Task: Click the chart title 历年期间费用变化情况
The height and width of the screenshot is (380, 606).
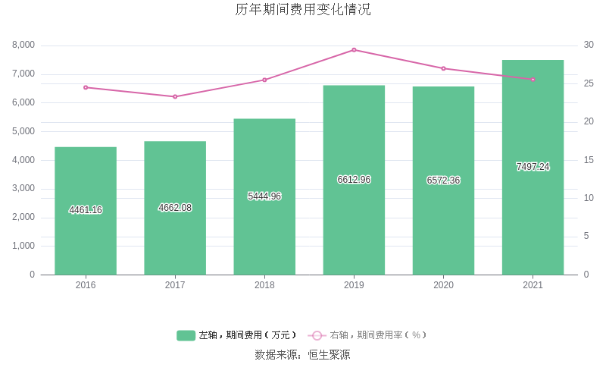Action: (x=303, y=10)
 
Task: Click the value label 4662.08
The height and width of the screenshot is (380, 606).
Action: (x=175, y=208)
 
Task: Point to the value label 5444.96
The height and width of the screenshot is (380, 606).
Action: (x=264, y=196)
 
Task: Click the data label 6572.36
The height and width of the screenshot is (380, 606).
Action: (x=443, y=181)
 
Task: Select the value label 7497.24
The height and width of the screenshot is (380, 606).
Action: (x=533, y=167)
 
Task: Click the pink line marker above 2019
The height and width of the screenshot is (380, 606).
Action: (x=354, y=50)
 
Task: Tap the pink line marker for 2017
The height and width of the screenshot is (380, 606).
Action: (x=175, y=96)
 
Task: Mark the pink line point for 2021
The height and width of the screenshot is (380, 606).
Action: (x=533, y=79)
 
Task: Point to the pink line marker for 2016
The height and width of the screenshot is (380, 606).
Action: (x=86, y=87)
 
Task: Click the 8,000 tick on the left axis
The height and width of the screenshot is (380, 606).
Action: (x=23, y=46)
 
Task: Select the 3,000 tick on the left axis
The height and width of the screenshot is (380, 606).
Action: (x=23, y=188)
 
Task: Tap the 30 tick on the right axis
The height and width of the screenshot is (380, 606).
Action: (x=589, y=46)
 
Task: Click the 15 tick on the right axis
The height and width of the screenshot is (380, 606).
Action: (x=589, y=160)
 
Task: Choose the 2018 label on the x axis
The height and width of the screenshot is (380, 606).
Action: (x=264, y=285)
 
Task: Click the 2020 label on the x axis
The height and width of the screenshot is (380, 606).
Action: (x=443, y=285)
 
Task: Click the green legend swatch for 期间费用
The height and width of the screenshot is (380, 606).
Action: (x=186, y=335)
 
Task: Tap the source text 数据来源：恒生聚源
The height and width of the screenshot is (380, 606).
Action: (x=302, y=354)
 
